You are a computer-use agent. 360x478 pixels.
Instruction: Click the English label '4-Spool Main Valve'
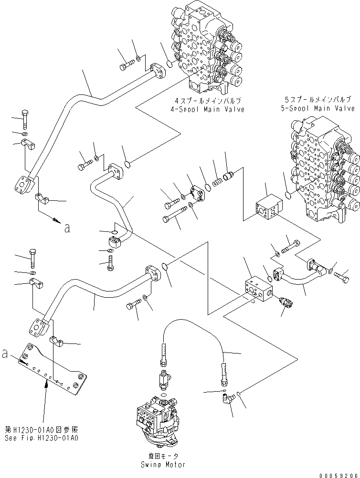click(210, 109)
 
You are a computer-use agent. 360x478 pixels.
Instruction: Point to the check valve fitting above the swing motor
click(164, 380)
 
